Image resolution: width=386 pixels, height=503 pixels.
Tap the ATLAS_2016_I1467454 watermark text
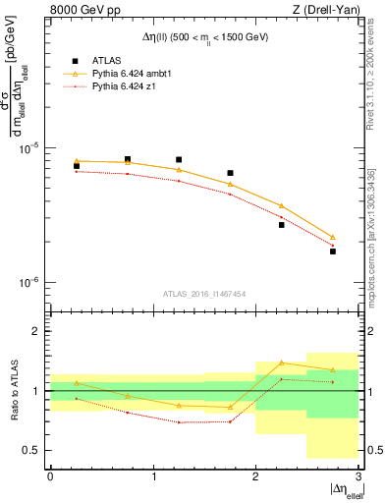click(x=203, y=293)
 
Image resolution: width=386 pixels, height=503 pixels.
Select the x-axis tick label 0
click(x=50, y=476)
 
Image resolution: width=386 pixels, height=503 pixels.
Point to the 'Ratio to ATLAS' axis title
click(x=13, y=390)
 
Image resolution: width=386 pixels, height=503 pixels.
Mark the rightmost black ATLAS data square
click(x=333, y=251)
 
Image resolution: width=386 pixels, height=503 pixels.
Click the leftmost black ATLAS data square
click(x=77, y=166)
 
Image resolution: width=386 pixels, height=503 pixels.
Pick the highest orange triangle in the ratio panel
click(x=282, y=363)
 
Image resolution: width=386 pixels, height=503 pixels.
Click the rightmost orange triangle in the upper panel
click(x=333, y=237)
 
